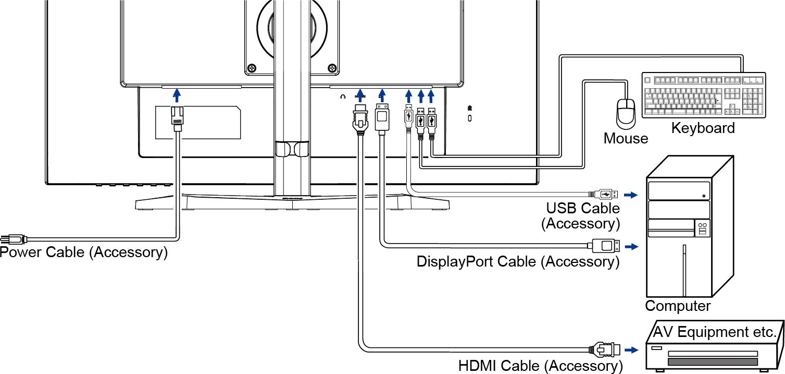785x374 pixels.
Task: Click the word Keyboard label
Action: click(703, 128)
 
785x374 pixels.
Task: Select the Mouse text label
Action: click(626, 138)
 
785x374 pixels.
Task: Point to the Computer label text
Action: click(677, 306)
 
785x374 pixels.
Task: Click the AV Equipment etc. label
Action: click(715, 332)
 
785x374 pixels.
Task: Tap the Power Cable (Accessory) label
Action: click(84, 252)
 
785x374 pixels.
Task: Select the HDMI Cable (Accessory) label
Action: click(540, 366)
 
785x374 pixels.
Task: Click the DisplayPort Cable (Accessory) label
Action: click(518, 261)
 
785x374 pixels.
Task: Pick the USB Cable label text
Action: click(583, 208)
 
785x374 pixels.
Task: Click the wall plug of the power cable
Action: click(13, 239)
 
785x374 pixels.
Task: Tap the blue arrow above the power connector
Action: click(177, 94)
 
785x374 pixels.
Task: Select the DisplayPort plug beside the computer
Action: click(603, 245)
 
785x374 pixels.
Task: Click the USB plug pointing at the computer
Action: click(605, 195)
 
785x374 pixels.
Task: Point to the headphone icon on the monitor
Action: click(343, 96)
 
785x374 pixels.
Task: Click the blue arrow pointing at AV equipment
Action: click(631, 349)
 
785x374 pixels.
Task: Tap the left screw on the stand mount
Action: click(252, 67)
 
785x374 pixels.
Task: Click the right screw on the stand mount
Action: click(332, 67)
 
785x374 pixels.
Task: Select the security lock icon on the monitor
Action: click(470, 108)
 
